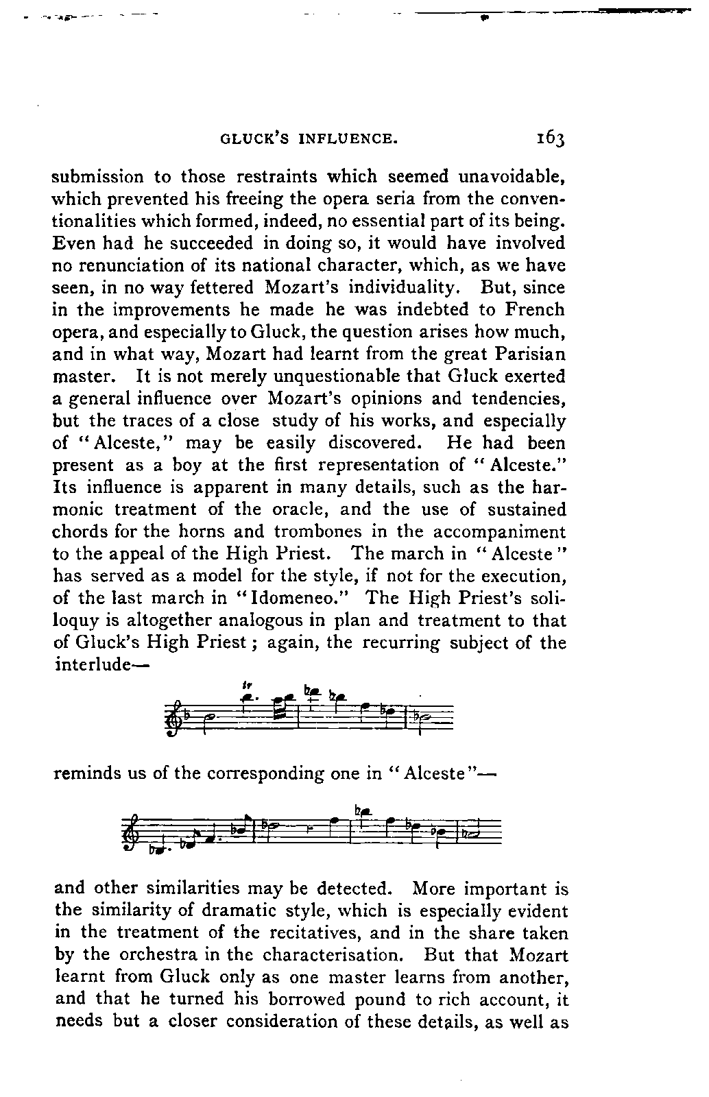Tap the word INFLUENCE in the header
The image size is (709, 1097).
349,139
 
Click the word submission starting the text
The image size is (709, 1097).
98,177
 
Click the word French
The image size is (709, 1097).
532,309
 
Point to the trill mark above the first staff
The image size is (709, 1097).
245,684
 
